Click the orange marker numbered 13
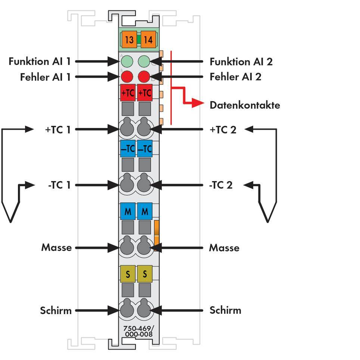tap(129, 40)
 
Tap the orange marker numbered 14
tap(148, 40)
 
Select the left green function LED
tap(127, 61)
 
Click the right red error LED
tap(144, 77)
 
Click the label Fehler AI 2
tap(235, 77)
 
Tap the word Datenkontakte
tap(245, 105)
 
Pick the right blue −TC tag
tap(145, 149)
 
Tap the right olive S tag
tap(145, 274)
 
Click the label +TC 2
tap(223, 130)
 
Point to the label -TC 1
tap(59, 185)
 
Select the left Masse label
tap(56, 248)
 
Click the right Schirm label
tap(225, 310)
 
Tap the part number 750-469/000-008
tap(139, 332)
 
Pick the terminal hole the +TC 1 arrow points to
tap(127, 129)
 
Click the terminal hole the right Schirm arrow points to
tap(144, 310)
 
